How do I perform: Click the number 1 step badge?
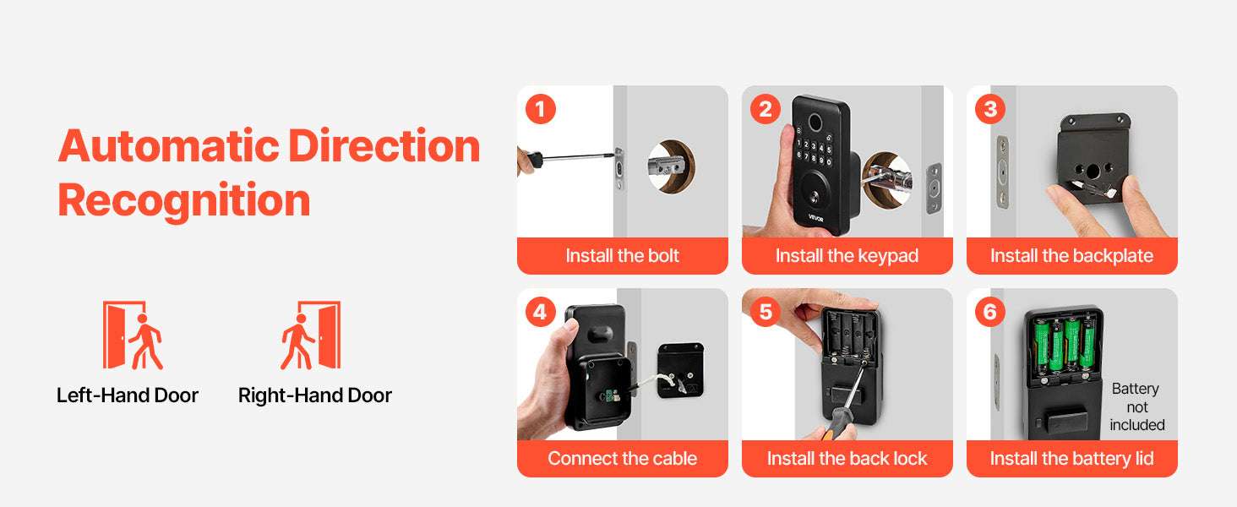(x=541, y=109)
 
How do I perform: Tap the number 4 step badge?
(x=541, y=312)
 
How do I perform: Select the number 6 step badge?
(x=990, y=312)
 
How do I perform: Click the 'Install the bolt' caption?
(x=623, y=256)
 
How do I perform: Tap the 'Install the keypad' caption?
(x=847, y=256)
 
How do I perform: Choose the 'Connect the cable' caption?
(x=623, y=458)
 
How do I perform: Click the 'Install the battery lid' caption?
(x=1071, y=458)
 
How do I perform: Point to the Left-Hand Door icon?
(x=133, y=335)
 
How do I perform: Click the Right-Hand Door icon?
(x=310, y=335)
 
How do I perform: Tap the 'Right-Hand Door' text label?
(x=315, y=395)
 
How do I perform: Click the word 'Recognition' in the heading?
(x=184, y=201)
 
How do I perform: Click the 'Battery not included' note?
(x=1136, y=407)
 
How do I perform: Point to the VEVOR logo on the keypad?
(x=815, y=218)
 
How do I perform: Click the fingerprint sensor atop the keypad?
(x=815, y=121)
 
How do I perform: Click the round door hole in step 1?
(x=670, y=166)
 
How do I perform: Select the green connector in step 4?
(x=610, y=396)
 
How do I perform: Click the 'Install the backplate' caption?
(x=1071, y=256)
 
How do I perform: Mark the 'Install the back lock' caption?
(x=847, y=458)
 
